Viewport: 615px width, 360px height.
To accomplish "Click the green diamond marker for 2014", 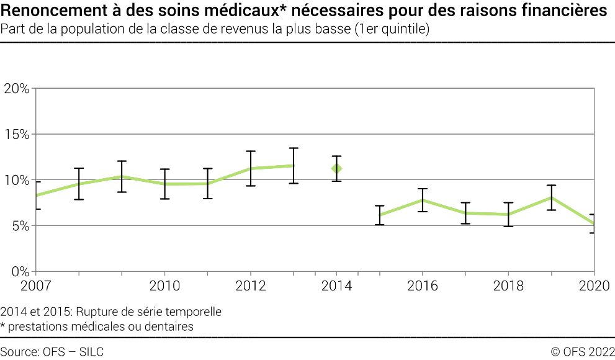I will [x=336, y=168].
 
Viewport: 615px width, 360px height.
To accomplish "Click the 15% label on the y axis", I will [x=17, y=134].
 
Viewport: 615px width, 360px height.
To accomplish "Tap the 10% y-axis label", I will [x=17, y=180].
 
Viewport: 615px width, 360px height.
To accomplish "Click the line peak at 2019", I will [x=551, y=198].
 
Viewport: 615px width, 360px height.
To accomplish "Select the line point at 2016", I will [x=422, y=200].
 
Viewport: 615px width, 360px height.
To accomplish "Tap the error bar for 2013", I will [x=294, y=165].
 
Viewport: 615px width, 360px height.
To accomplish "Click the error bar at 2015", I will [x=379, y=215].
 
